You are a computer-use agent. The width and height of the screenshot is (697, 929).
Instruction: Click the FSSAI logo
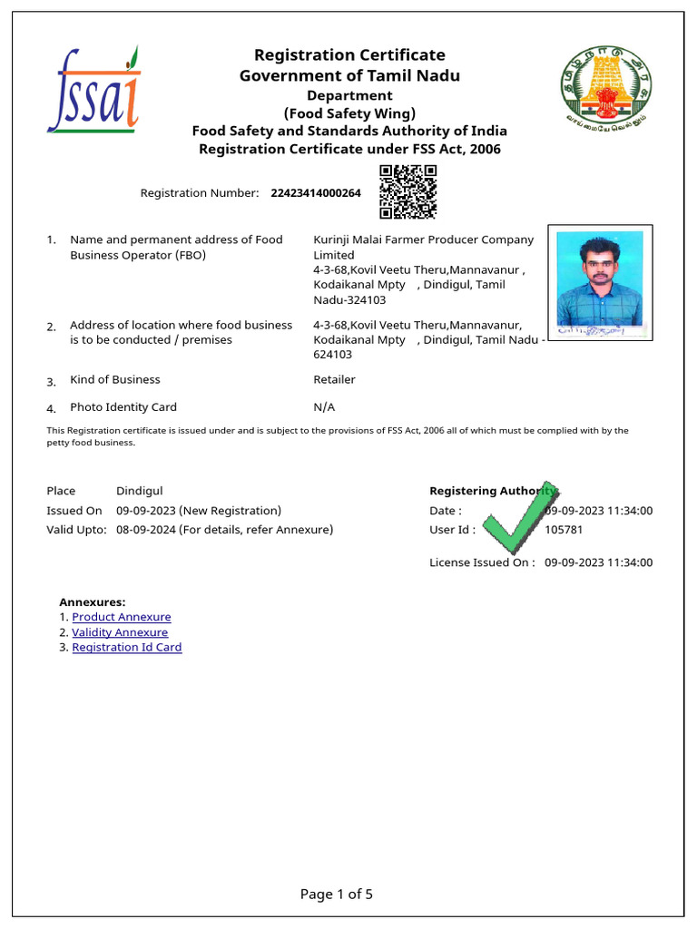click(x=93, y=90)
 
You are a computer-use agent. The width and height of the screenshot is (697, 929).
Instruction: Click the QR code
click(x=407, y=192)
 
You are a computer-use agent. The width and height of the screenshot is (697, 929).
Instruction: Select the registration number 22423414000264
click(x=315, y=193)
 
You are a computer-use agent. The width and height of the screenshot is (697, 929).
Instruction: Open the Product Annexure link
click(x=122, y=617)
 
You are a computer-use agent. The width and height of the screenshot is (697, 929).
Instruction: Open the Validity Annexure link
click(x=120, y=632)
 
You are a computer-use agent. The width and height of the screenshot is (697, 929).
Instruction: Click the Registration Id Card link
click(x=127, y=648)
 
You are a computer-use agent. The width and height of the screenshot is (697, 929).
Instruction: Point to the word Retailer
click(x=334, y=380)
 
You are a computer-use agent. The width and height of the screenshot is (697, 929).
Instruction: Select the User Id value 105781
click(x=564, y=530)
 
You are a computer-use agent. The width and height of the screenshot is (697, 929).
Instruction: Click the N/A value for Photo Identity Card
click(x=323, y=407)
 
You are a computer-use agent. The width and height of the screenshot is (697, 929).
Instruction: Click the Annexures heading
click(x=93, y=601)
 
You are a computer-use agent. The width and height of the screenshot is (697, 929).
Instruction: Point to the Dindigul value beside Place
click(x=140, y=491)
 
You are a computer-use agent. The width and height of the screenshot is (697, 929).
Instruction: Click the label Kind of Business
click(x=115, y=380)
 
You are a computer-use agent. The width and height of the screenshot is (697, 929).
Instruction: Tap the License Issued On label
click(x=482, y=562)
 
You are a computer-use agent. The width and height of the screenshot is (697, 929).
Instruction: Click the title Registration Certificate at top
click(x=349, y=55)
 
